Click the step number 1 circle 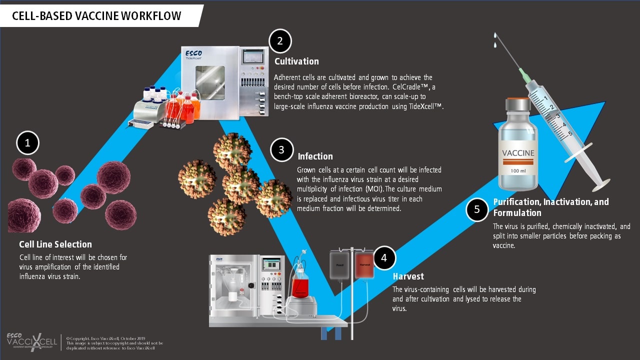coord(27,143)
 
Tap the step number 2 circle coord(280,41)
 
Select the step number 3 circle coord(281,149)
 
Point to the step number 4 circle coord(384,258)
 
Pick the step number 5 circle coord(477,209)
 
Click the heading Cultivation coord(296,61)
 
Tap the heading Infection coord(315,156)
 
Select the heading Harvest coord(408,276)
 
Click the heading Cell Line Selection coord(55,244)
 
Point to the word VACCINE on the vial coord(518,153)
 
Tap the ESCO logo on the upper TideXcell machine coord(193,52)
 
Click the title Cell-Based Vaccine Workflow coord(97,16)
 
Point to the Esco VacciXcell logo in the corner coord(32,341)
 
